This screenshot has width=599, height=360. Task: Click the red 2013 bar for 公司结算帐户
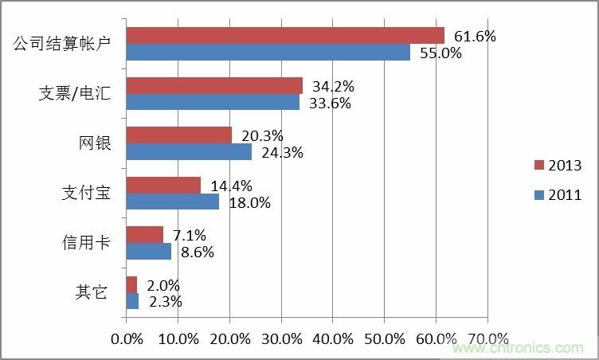tap(285, 35)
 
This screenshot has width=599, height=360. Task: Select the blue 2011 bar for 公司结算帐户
tap(268, 53)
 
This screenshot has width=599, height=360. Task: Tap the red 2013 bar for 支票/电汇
tap(214, 85)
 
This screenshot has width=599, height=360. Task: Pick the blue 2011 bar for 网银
tap(189, 151)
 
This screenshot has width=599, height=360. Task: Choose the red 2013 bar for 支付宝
tap(163, 185)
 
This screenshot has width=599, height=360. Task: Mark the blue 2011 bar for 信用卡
tap(149, 251)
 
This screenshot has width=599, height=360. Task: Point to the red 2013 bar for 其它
tap(131, 284)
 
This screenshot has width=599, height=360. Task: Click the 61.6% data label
tap(475, 36)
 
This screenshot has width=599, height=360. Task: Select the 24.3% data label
tap(281, 152)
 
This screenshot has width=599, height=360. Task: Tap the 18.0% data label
tap(249, 202)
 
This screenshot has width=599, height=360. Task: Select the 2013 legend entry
tap(557, 166)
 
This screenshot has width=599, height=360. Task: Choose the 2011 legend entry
tap(557, 194)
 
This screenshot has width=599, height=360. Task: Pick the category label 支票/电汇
tap(75, 93)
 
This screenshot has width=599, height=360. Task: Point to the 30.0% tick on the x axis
tap(281, 338)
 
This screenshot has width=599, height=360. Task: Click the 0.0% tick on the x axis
tap(127, 338)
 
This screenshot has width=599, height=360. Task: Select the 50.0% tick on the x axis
tap(385, 338)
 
